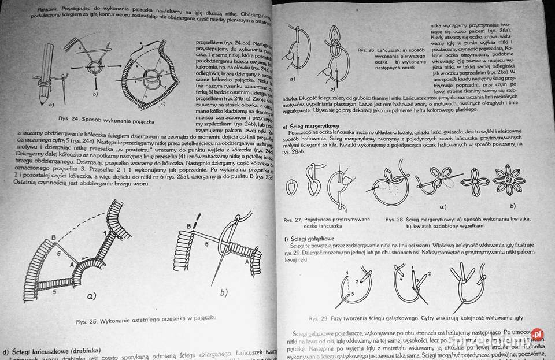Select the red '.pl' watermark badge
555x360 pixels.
coord(537,334)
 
